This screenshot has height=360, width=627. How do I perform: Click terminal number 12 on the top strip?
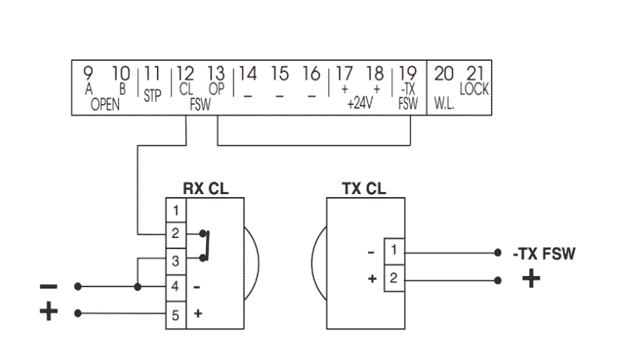[x=185, y=74]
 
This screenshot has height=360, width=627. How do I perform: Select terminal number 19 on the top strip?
[x=408, y=74]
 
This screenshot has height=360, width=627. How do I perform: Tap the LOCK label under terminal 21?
[x=475, y=89]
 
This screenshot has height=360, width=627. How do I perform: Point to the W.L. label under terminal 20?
[x=444, y=103]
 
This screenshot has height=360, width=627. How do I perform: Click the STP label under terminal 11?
[x=152, y=96]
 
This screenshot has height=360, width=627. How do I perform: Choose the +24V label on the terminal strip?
[x=360, y=103]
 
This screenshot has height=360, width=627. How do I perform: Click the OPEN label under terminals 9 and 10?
[x=105, y=104]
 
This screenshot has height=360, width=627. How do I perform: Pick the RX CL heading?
[x=205, y=189]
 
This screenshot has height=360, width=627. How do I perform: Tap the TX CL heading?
[x=364, y=189]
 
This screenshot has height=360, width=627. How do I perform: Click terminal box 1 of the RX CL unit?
[x=176, y=210]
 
